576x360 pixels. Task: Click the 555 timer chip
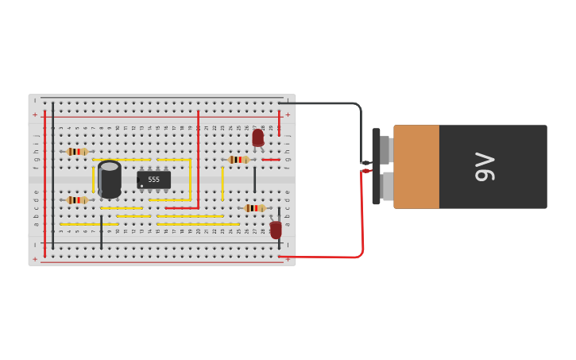click(x=153, y=180)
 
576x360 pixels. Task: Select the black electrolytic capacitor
click(x=110, y=179)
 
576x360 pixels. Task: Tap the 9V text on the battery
click(x=484, y=167)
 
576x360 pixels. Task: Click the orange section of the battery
click(x=416, y=167)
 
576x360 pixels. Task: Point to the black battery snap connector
click(x=376, y=167)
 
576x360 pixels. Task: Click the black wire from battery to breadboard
click(x=334, y=103)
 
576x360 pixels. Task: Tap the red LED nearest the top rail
click(x=258, y=137)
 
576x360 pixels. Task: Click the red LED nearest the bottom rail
click(x=276, y=230)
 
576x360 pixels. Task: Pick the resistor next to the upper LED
click(x=238, y=160)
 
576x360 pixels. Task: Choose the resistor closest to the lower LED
click(x=254, y=208)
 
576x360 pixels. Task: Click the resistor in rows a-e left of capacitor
click(x=77, y=200)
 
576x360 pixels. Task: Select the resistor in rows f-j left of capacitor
click(x=77, y=151)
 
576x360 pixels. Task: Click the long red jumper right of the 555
click(x=198, y=159)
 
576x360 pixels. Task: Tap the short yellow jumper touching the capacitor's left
click(x=93, y=179)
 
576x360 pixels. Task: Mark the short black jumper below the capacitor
click(x=101, y=232)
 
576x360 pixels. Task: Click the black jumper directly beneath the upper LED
click(x=255, y=180)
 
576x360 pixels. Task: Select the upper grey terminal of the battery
click(x=385, y=149)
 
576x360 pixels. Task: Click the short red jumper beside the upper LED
click(x=271, y=160)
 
